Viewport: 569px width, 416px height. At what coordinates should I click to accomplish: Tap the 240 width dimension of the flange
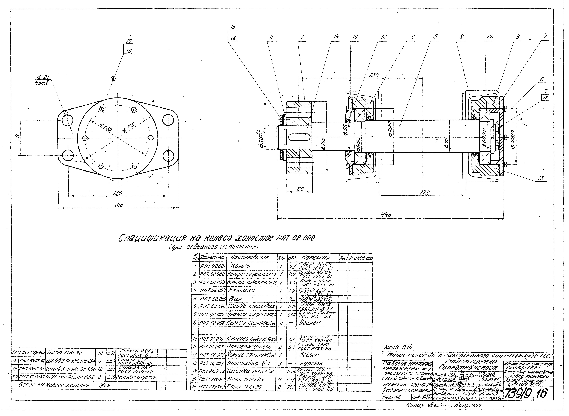118,206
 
